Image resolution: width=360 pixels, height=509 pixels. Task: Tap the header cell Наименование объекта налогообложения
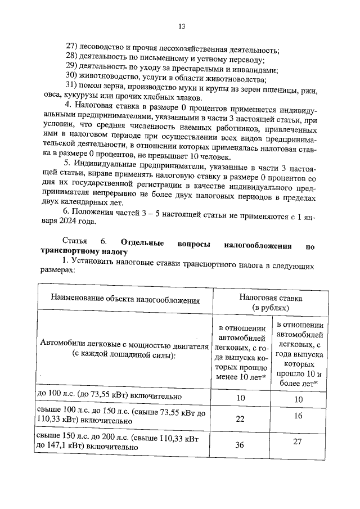[125, 300]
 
